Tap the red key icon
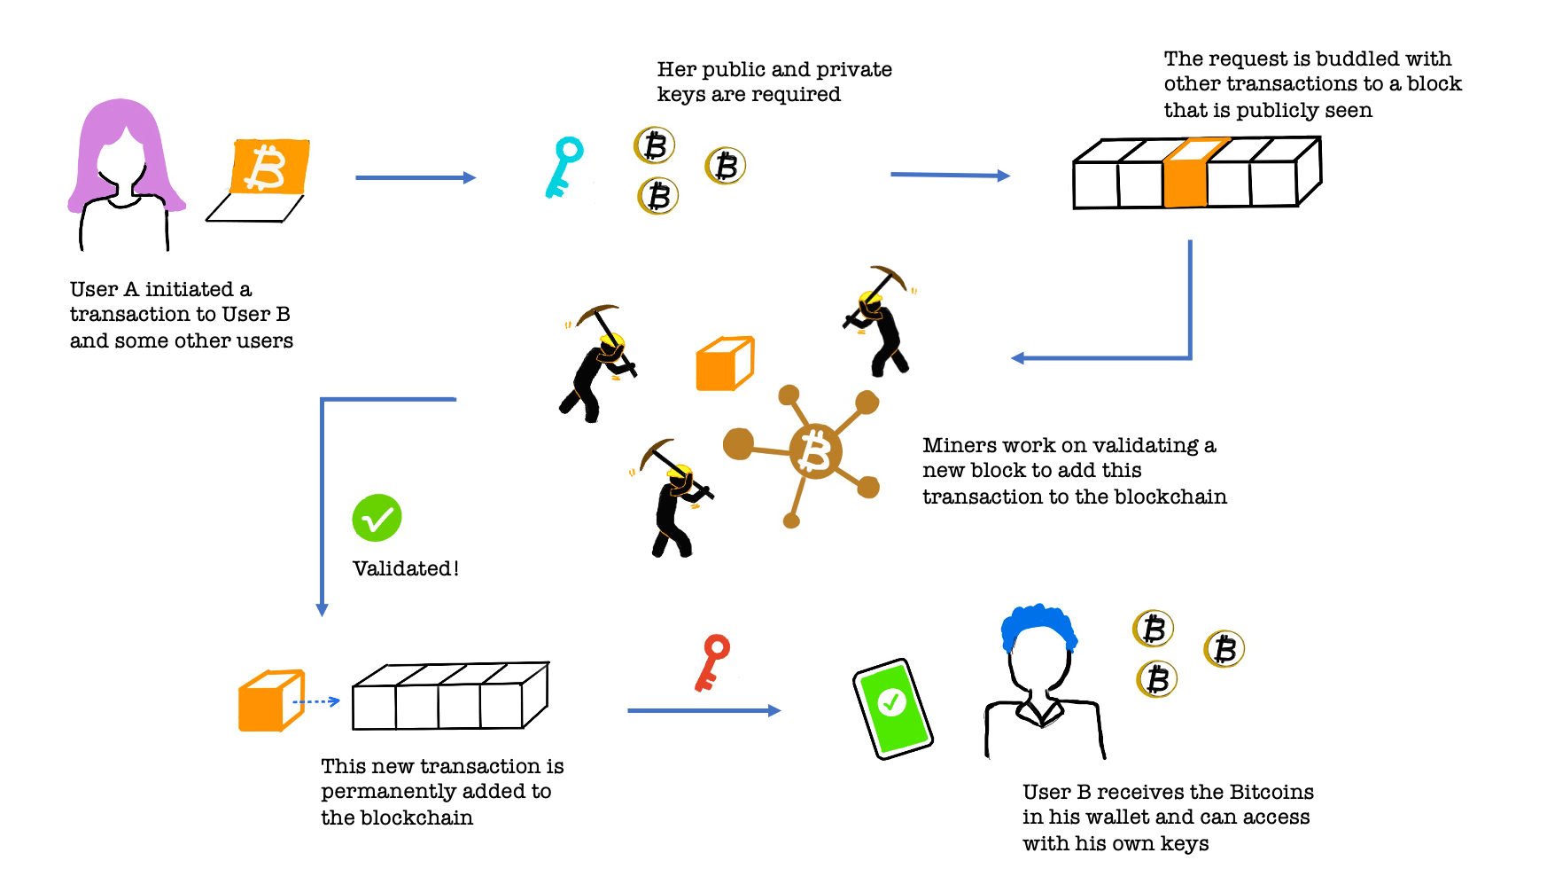tap(712, 661)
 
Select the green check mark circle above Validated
tap(377, 518)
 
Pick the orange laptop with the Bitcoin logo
tap(268, 168)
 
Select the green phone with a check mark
tap(892, 708)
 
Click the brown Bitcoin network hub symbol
tap(814, 450)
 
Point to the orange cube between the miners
tap(724, 364)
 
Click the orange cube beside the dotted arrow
tap(270, 701)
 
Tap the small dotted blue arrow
tap(316, 701)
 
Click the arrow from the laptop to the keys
tap(416, 178)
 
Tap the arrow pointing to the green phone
tap(704, 710)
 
